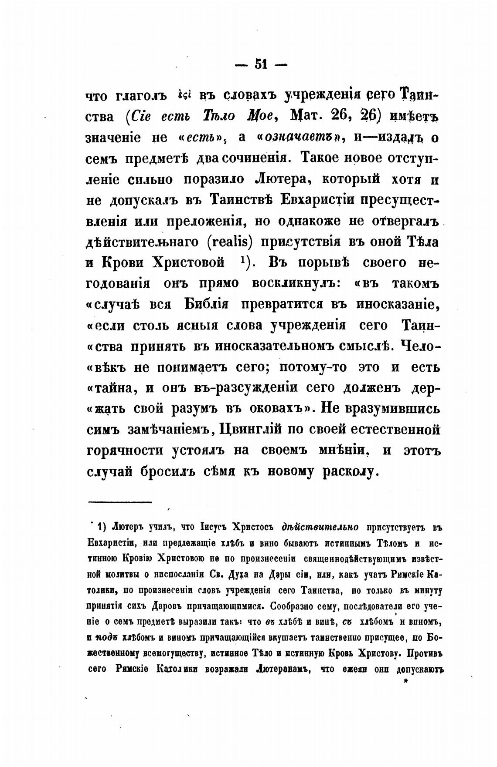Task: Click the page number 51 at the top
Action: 260,64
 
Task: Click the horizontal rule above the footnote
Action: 119,502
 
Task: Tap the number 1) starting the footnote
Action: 102,527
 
